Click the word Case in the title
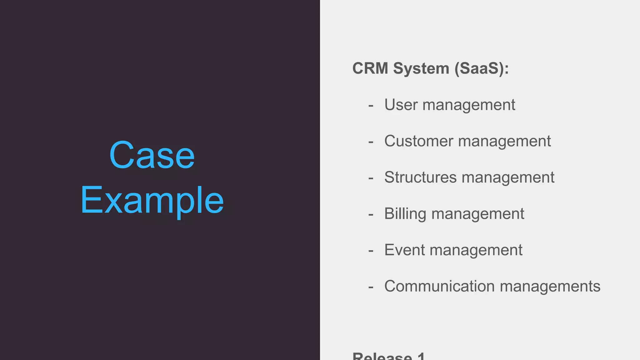pos(152,155)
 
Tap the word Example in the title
pos(152,200)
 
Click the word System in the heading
pos(421,68)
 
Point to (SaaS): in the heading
pos(482,68)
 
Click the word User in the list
pos(401,104)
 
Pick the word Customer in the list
pos(418,141)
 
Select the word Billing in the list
pos(405,214)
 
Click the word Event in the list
pos(405,250)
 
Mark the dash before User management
pos(371,106)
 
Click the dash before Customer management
pos(371,142)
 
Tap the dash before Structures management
pos(371,178)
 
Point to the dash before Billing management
pos(371,214)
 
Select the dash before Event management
pos(371,251)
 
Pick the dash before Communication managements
pos(371,287)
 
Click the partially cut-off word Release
pos(382,356)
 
